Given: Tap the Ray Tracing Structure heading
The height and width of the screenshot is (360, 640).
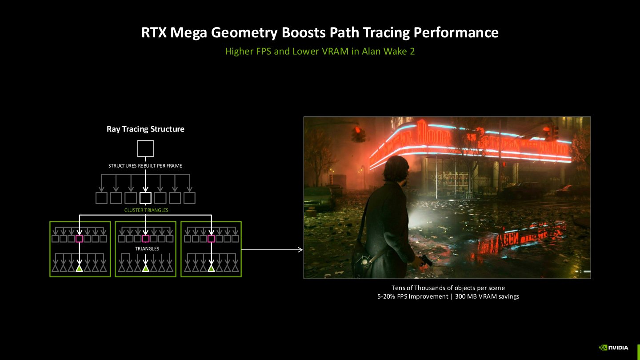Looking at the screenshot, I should tap(145, 129).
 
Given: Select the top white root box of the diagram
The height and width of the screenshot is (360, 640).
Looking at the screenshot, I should tap(145, 148).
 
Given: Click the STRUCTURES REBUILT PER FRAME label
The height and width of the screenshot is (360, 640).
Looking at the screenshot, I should tap(145, 166).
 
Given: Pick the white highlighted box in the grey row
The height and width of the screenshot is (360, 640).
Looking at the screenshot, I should tap(145, 198).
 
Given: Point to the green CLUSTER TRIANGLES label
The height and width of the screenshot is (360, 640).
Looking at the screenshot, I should tap(146, 210).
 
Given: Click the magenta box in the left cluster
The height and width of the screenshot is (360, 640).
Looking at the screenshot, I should tap(80, 239).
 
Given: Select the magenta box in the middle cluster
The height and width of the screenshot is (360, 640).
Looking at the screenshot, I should tap(145, 239).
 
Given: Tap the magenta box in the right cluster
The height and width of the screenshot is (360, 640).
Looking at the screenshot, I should tap(211, 239).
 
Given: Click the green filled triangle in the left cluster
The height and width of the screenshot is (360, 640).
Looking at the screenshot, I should tap(80, 268).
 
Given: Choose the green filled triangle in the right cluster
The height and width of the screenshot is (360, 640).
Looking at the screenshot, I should tap(211, 268).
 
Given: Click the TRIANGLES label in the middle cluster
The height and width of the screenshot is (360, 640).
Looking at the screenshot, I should tap(147, 249).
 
